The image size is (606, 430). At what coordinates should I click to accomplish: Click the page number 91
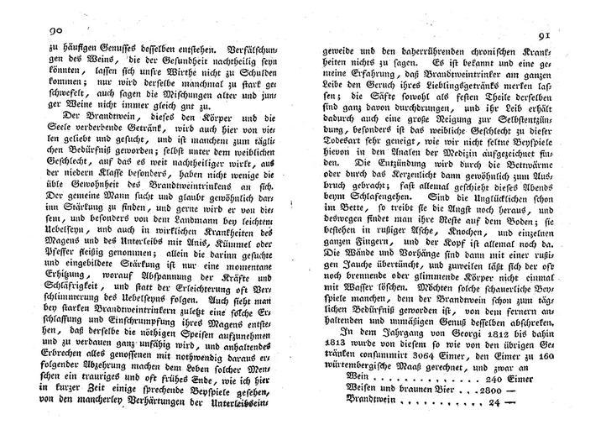click(x=535, y=35)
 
